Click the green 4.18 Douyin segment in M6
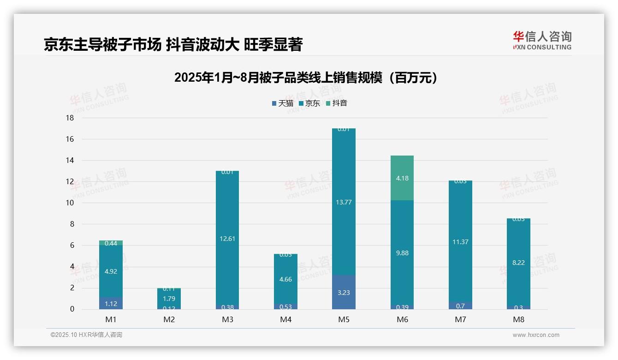pos(402,178)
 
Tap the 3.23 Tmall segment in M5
pos(344,292)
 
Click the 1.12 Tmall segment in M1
pos(111,303)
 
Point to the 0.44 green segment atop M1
pos(111,243)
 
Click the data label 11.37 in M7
pos(460,242)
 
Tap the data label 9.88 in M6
pos(402,253)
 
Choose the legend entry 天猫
pos(283,103)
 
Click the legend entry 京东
pos(309,103)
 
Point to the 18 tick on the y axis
pos(70,118)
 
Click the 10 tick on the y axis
pos(70,203)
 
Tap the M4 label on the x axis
pos(285,319)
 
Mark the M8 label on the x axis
pos(518,319)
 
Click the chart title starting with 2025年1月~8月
pos(305,78)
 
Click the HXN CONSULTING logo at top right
pos(542,40)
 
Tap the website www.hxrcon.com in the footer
pos(535,335)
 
